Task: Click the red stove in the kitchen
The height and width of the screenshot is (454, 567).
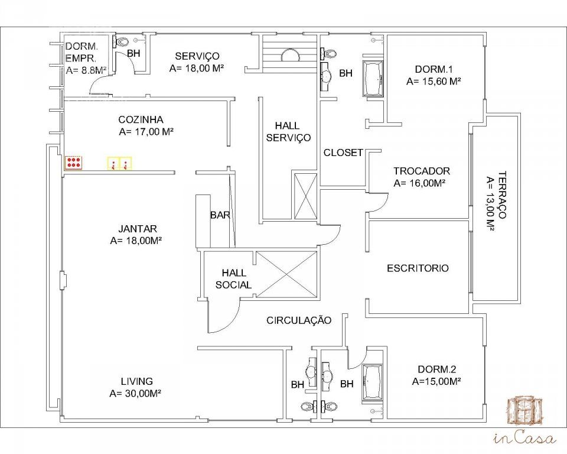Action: coord(74,163)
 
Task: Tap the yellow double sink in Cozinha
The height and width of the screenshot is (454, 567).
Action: coord(120,163)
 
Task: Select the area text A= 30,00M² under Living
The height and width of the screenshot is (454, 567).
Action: coord(135,393)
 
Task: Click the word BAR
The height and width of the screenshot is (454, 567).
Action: coord(220,215)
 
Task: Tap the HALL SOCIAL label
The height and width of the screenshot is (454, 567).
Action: coord(234,279)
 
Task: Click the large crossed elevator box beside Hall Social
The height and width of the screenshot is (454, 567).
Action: coord(286,274)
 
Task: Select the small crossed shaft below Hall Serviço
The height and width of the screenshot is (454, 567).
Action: coord(305,196)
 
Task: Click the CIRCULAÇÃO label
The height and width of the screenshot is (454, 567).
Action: coord(299,320)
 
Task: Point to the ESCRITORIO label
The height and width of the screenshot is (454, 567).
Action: coord(418,268)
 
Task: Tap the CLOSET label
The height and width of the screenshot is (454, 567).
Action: coord(343,153)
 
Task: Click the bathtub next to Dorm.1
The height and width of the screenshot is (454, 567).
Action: coord(373,79)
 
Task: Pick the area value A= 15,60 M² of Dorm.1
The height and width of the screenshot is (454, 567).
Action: coord(434,82)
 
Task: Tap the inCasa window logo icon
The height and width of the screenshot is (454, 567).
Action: coord(525,411)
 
